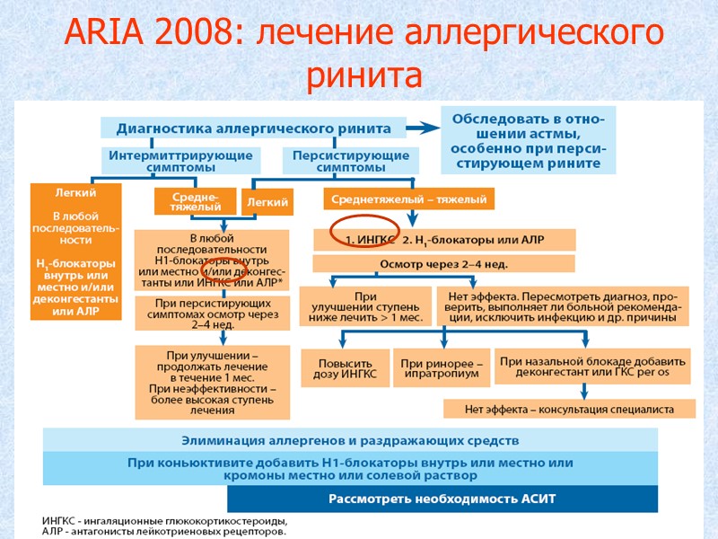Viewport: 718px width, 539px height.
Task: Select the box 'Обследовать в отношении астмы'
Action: pyautogui.click(x=527, y=141)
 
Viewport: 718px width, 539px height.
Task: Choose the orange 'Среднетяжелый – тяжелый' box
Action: pyautogui.click(x=408, y=199)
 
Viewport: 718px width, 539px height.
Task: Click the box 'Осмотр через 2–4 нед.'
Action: pyautogui.click(x=443, y=263)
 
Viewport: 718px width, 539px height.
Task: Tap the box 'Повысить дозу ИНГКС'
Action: pyautogui.click(x=346, y=367)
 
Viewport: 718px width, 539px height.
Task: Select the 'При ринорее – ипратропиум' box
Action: pyautogui.click(x=442, y=367)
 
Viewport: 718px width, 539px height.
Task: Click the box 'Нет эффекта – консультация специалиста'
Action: pyautogui.click(x=569, y=410)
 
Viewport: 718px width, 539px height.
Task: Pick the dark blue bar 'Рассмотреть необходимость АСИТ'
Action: pyautogui.click(x=442, y=499)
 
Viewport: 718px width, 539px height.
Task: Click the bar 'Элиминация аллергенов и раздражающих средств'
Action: pyautogui.click(x=350, y=440)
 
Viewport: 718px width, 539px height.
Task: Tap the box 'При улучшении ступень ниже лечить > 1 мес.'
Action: pyautogui.click(x=364, y=306)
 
